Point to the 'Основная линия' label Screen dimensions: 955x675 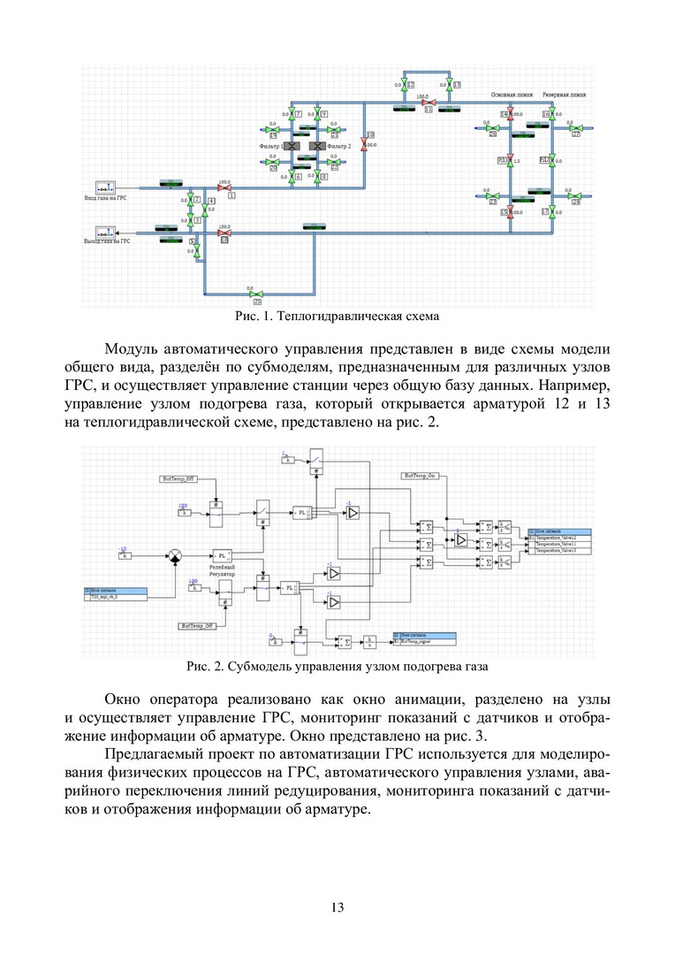[510, 94]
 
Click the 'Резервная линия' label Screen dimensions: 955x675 [564, 94]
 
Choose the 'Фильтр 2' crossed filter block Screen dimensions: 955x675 [315, 145]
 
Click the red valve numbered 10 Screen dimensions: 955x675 [369, 145]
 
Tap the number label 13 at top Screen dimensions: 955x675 [457, 85]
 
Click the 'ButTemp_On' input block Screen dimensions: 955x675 [421, 476]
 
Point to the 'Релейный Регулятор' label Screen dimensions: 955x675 [223, 570]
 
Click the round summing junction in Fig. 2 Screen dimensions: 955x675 [175, 556]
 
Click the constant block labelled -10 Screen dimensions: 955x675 [125, 556]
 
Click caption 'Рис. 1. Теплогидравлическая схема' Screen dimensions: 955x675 [337, 316]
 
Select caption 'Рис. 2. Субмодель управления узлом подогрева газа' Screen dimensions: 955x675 [337, 665]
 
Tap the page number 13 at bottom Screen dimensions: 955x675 [337, 907]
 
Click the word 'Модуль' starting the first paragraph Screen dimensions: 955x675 [129, 347]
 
